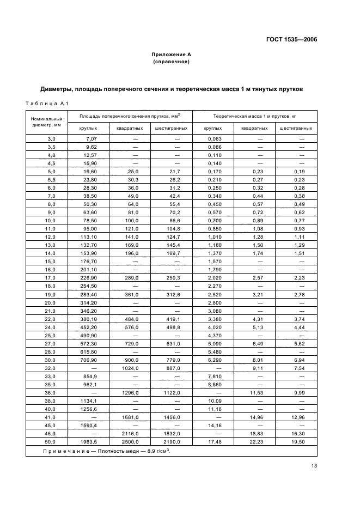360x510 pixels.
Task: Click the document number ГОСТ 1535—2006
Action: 291,39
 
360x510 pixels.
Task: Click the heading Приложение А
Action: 171,54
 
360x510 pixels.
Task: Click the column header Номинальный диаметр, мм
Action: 47,121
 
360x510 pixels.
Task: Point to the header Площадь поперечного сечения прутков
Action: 130,116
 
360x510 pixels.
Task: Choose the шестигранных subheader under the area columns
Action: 172,128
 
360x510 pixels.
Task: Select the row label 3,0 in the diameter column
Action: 51,138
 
